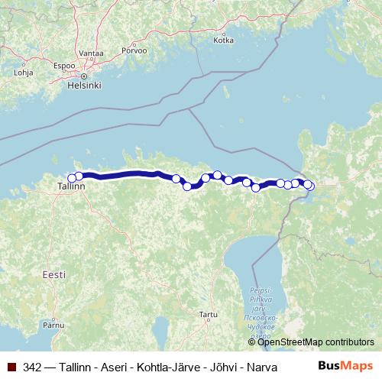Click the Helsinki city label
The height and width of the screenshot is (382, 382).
84,85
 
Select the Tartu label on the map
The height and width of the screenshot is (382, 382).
207,314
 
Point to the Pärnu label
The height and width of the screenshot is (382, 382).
53,325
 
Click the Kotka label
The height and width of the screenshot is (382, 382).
223,40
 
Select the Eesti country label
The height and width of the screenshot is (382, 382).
54,274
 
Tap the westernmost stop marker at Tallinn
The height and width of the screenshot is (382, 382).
72,178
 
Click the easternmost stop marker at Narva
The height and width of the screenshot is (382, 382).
309,186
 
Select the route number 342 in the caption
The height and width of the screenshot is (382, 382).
33,367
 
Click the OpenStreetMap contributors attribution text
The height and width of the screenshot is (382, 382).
316,342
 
